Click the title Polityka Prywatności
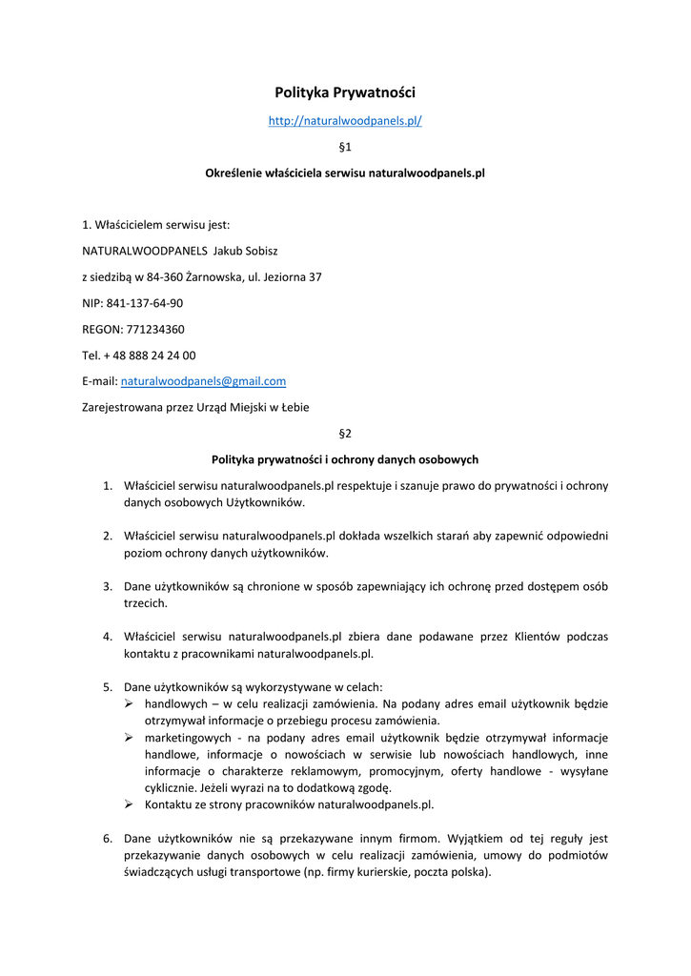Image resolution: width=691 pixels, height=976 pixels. tap(345, 92)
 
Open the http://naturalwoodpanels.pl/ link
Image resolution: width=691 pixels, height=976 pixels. tap(345, 121)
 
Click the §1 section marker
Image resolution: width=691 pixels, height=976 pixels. tap(345, 147)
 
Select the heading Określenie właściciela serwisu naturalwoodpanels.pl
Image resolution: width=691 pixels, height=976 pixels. tap(345, 173)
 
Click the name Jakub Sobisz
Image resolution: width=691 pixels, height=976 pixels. tap(246, 251)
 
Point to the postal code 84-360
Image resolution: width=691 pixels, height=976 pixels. tap(165, 277)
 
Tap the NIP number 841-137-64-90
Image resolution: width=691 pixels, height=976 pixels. tap(145, 303)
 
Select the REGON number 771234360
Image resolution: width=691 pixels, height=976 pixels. tap(155, 329)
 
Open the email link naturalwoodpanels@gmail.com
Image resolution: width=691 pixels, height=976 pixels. tap(204, 381)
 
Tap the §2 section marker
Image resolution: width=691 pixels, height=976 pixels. tap(345, 433)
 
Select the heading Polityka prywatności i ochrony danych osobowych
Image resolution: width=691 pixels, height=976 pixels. tap(345, 459)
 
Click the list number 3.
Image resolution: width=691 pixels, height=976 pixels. tap(108, 587)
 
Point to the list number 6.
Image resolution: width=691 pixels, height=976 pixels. tap(108, 839)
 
